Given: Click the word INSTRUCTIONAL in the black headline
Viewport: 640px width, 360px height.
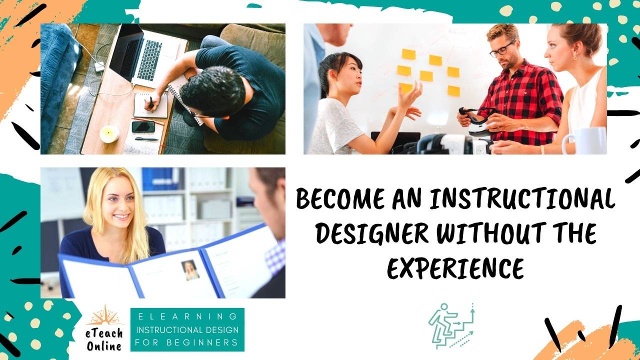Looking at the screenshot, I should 522,198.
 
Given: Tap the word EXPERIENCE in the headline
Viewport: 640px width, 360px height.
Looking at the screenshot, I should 455,268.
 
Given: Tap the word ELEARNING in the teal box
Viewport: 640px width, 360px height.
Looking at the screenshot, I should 187,316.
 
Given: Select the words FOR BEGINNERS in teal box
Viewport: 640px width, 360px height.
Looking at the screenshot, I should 187,343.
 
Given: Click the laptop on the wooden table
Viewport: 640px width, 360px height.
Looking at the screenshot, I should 142,55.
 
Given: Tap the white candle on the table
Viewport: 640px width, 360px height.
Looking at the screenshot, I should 109,133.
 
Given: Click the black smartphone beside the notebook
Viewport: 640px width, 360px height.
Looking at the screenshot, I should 143,126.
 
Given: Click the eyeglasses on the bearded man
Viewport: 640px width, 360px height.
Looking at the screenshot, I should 501,49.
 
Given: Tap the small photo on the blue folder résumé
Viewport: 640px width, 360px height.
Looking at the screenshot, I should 190,269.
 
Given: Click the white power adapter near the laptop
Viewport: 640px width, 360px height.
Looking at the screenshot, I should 99,66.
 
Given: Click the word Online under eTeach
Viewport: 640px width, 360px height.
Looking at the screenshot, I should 104,345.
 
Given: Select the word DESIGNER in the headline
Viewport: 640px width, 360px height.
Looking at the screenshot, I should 372,233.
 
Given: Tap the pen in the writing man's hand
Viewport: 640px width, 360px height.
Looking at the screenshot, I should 150,102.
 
